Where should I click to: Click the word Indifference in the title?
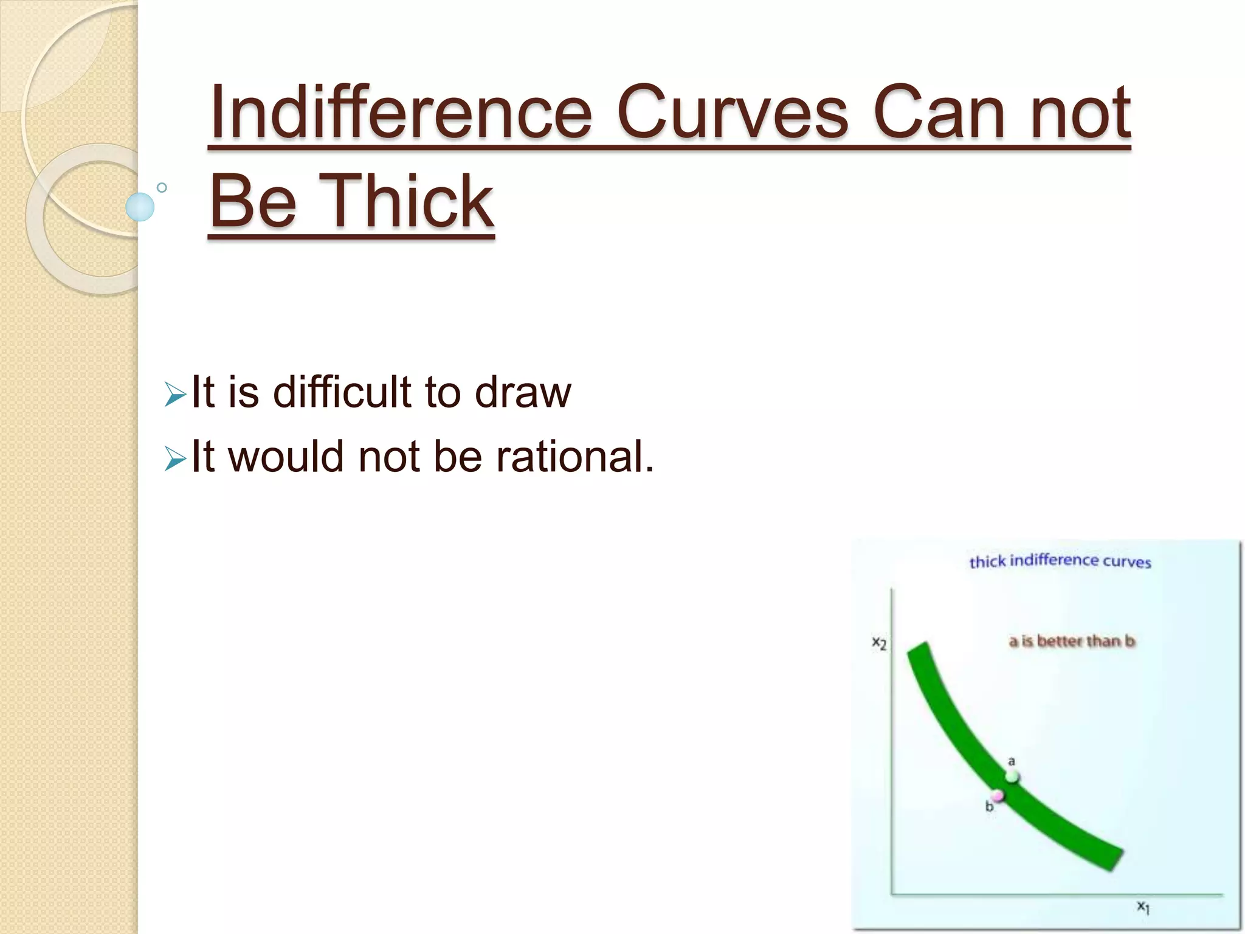pyautogui.click(x=400, y=113)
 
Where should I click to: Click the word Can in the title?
pyautogui.click(x=940, y=113)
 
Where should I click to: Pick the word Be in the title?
pyautogui.click(x=253, y=201)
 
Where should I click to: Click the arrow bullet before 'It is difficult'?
pyautogui.click(x=175, y=396)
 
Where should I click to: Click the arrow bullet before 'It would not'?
pyautogui.click(x=175, y=460)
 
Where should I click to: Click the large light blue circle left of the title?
pyautogui.click(x=140, y=207)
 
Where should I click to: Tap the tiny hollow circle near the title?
pyautogui.click(x=162, y=187)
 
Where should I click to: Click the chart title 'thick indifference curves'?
pyautogui.click(x=1060, y=561)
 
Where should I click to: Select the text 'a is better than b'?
pyautogui.click(x=1072, y=641)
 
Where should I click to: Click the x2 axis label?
pyautogui.click(x=879, y=643)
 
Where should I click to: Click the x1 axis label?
pyautogui.click(x=1143, y=907)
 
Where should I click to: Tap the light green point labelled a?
pyautogui.click(x=1012, y=776)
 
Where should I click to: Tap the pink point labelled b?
pyautogui.click(x=998, y=795)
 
